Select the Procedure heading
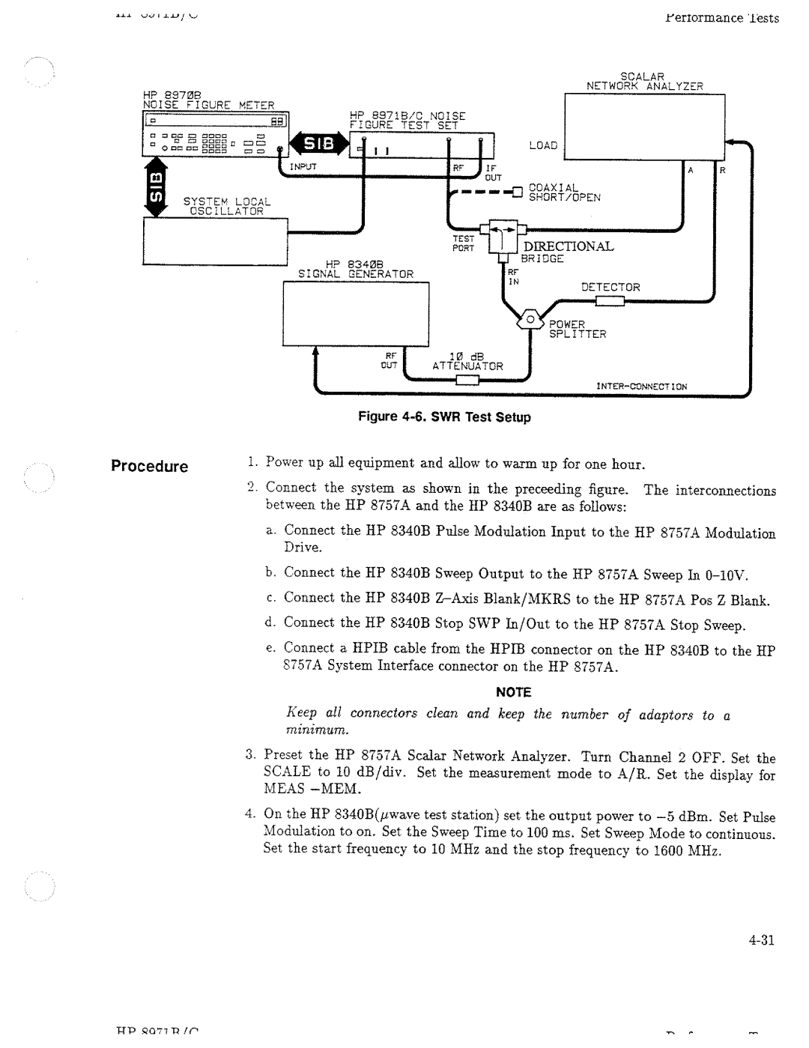pyautogui.click(x=149, y=467)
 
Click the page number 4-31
pyautogui.click(x=760, y=942)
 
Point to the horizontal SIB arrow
pyautogui.click(x=319, y=143)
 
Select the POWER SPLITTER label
pyautogui.click(x=577, y=329)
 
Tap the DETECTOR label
pyautogui.click(x=610, y=287)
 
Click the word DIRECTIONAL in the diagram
pyautogui.click(x=568, y=246)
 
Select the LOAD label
pyautogui.click(x=543, y=145)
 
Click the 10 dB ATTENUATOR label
pyautogui.click(x=467, y=361)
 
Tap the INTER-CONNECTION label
pyautogui.click(x=641, y=387)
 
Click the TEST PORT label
pyautogui.click(x=463, y=244)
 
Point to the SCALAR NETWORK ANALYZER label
pyautogui.click(x=645, y=81)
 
